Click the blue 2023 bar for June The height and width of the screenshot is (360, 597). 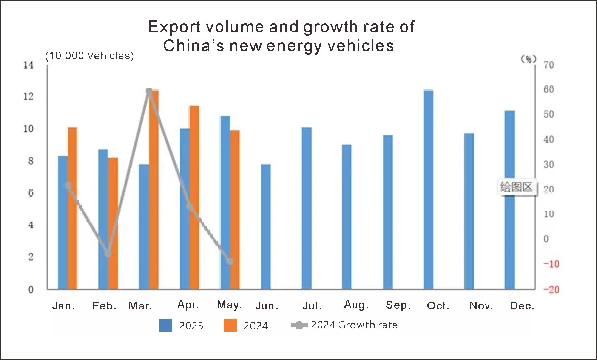point(266,226)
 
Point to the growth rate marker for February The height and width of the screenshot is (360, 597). point(109,254)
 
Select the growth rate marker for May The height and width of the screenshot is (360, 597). point(230,261)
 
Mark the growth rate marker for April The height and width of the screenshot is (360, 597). point(190,206)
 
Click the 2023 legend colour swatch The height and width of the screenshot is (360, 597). point(165,325)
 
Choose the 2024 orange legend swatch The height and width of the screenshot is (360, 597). point(230,325)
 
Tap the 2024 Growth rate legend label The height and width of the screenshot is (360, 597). point(354,325)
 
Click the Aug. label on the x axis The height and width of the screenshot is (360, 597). point(356,305)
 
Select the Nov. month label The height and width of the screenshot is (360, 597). point(481,306)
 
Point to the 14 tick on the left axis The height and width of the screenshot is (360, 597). point(28,65)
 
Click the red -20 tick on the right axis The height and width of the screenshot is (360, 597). point(551,289)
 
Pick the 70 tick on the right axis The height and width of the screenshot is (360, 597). point(549,65)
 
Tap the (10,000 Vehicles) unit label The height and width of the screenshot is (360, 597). point(89,56)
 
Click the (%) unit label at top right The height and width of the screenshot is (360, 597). point(529,58)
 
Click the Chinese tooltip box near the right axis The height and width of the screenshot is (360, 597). point(516,186)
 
